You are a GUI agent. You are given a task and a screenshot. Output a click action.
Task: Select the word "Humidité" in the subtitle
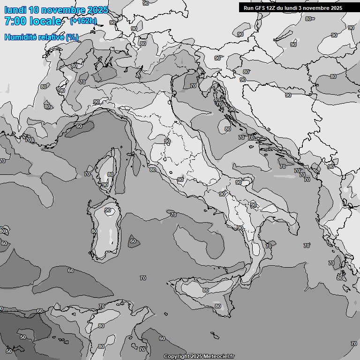[22, 37]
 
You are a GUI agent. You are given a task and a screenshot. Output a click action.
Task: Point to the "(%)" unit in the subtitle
[72, 37]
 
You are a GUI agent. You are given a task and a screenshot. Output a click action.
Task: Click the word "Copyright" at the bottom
[176, 356]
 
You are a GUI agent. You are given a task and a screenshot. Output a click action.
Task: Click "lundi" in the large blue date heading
[15, 10]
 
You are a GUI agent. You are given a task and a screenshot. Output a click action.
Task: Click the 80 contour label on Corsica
[110, 174]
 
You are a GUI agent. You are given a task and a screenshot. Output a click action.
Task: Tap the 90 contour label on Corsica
[105, 185]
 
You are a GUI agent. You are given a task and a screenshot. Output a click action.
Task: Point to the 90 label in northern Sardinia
[108, 210]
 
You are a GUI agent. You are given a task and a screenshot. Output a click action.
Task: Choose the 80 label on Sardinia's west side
[94, 231]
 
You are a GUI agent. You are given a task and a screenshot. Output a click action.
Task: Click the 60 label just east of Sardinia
[133, 241]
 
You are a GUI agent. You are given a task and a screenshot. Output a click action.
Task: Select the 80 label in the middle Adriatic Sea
[227, 129]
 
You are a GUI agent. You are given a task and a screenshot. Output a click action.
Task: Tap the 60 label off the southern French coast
[79, 126]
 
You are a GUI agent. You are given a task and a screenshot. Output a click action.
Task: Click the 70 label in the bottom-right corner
[353, 344]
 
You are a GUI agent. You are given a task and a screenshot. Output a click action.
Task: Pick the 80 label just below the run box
[308, 19]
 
